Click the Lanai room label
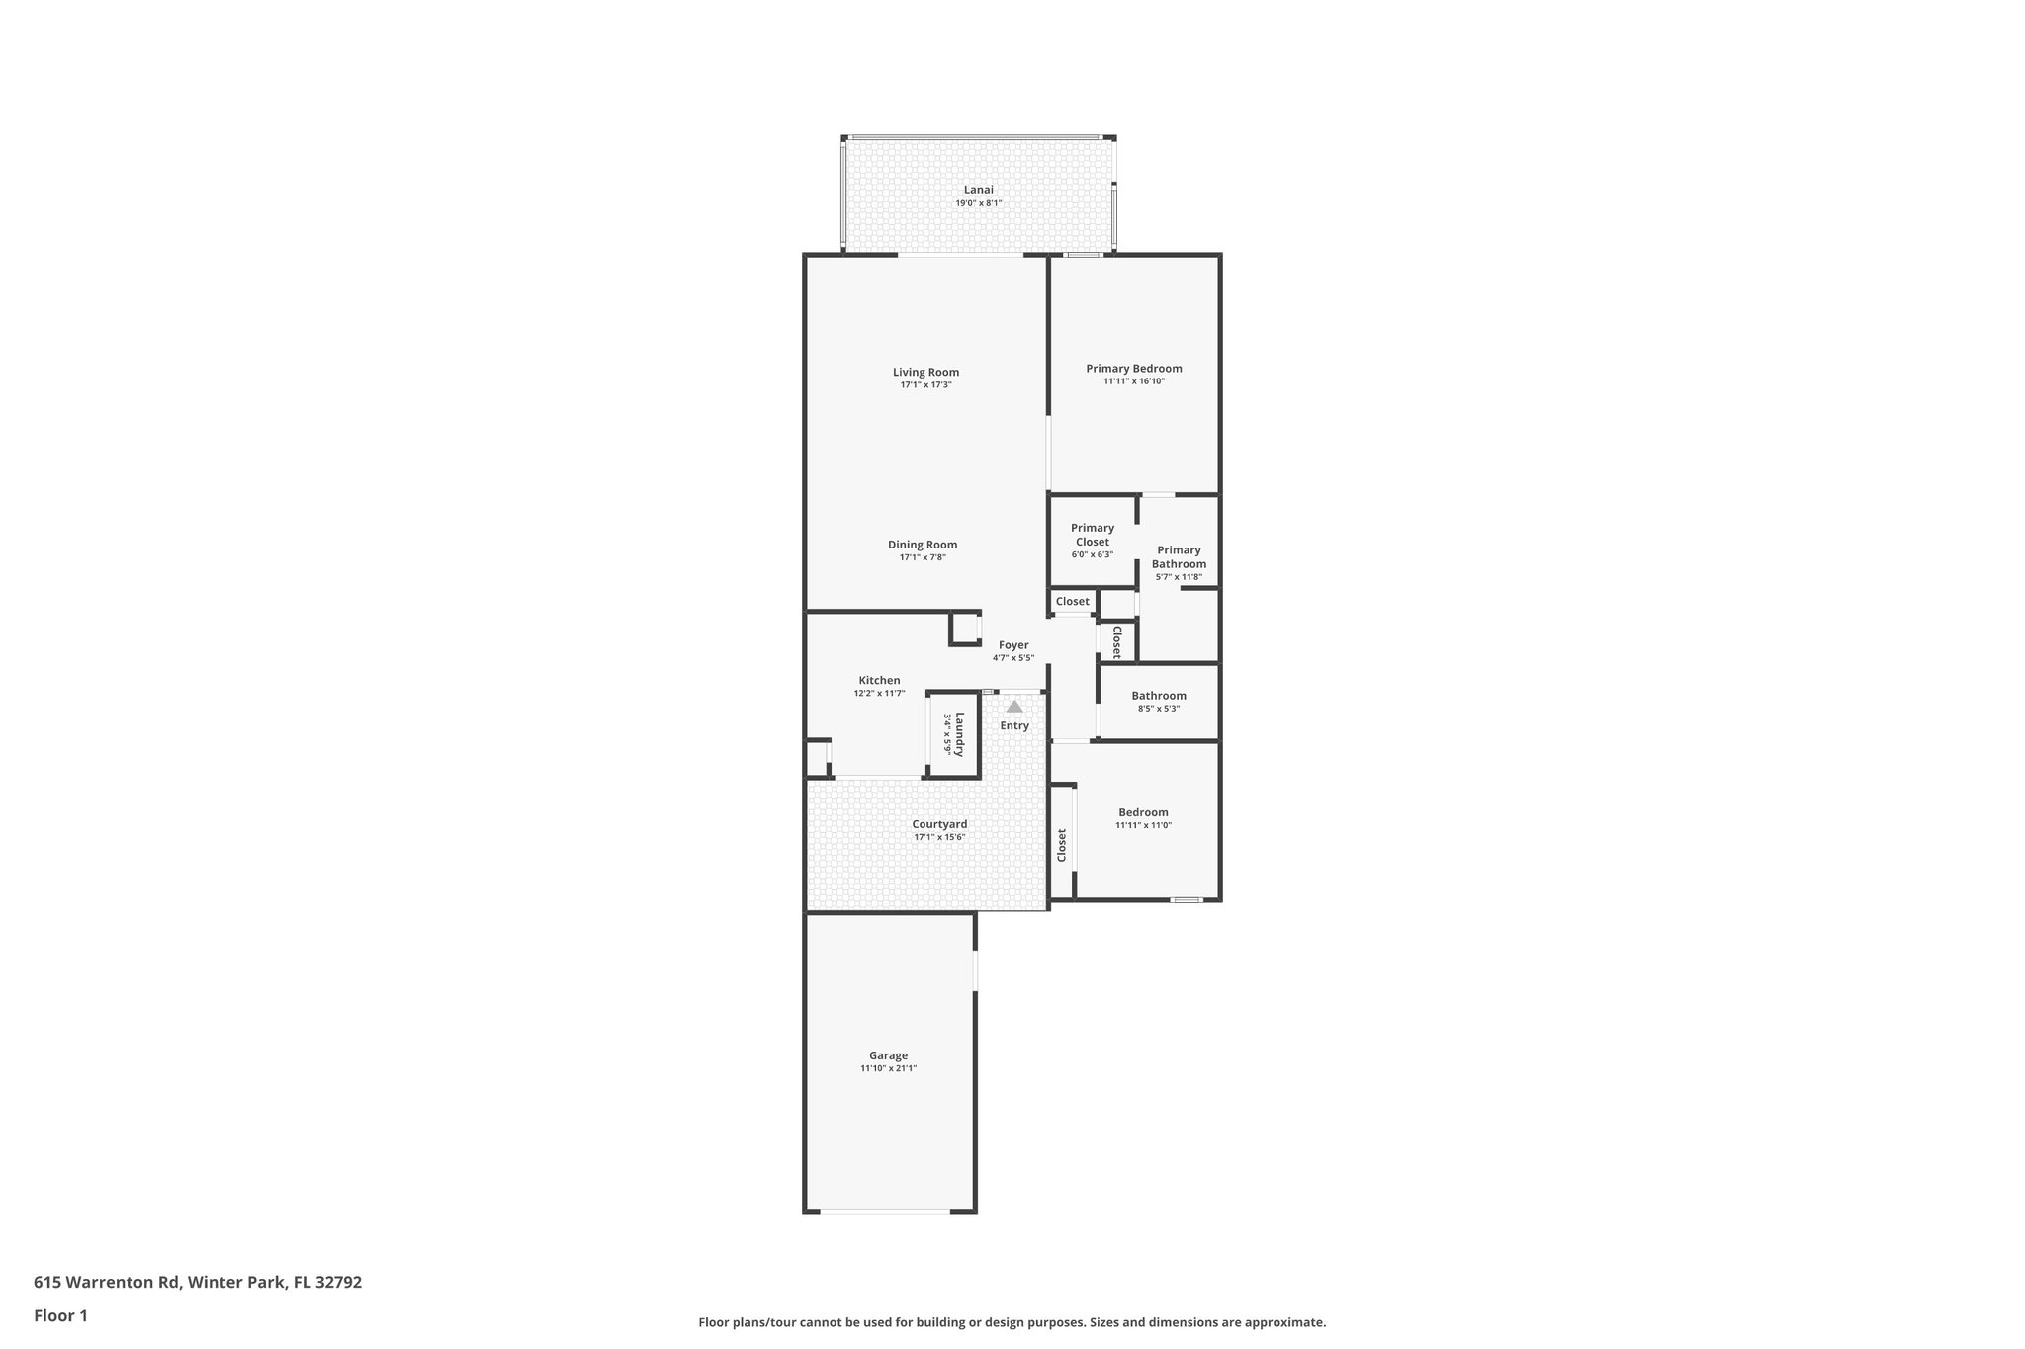point(978,190)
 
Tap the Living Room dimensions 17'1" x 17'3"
point(925,385)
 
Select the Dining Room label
point(922,545)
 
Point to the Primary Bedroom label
point(1133,369)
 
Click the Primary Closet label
point(1092,535)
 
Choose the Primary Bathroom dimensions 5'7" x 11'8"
point(1179,577)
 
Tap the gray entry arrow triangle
point(1014,707)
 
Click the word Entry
point(1014,725)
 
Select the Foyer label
point(1013,645)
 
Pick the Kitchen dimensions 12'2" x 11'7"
point(879,694)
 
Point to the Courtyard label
point(939,824)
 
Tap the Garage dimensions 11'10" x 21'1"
point(888,1068)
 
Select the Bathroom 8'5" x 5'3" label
point(1158,696)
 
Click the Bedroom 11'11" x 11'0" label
point(1143,812)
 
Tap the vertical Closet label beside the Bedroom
point(1062,845)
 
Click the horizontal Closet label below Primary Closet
point(1072,601)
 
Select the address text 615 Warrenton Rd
point(108,1283)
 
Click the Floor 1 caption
point(60,1315)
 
